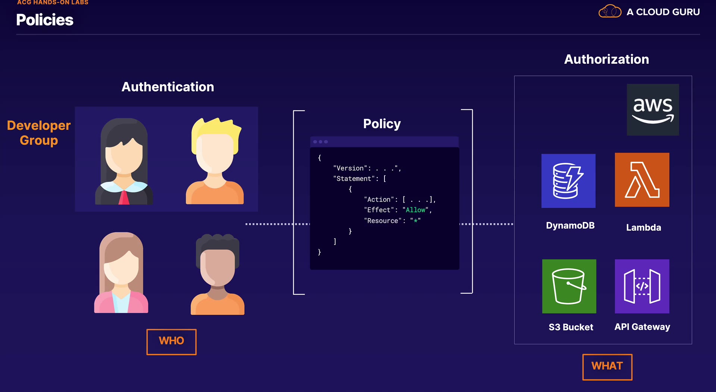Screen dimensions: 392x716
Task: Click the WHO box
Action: coord(171,341)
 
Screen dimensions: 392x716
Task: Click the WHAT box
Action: coord(607,367)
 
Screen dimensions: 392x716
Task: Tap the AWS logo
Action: coord(653,110)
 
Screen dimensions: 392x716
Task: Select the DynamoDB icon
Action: coord(568,181)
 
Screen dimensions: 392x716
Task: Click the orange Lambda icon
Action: coord(642,180)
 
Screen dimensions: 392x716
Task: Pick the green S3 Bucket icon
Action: coord(569,286)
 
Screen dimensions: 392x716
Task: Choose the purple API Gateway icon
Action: coord(642,286)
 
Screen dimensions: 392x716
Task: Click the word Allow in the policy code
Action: coord(415,210)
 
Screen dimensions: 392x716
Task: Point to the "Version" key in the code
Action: coord(350,168)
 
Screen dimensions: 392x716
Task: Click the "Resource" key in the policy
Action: coord(383,221)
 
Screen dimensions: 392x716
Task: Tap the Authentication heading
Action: coord(168,87)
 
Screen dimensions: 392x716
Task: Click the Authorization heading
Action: coord(606,59)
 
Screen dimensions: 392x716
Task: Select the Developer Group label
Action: coord(39,133)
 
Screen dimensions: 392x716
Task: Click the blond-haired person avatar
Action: coord(215,161)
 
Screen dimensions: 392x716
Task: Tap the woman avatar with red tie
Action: coord(124,162)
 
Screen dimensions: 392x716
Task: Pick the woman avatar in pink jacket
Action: coord(121,273)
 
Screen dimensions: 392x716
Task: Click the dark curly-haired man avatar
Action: coord(218,274)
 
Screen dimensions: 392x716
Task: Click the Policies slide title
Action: coord(45,20)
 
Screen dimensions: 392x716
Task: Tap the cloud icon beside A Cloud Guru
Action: coord(610,12)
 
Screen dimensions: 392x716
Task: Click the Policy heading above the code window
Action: coord(382,124)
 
